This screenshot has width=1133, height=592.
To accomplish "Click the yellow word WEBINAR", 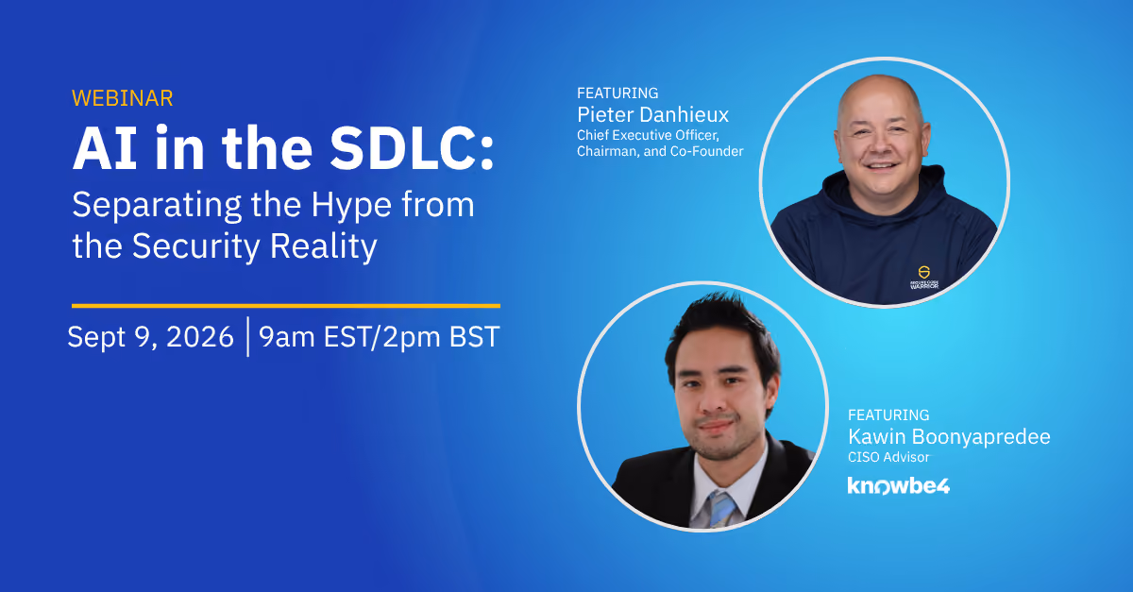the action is [123, 98].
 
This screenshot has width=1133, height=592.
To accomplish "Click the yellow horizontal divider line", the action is [286, 306].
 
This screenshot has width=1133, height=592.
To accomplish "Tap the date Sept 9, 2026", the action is [151, 337].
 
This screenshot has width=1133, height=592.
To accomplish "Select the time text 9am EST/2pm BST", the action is [380, 337].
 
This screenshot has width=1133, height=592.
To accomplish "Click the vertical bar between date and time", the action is [247, 336].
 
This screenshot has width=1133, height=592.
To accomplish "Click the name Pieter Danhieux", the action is [653, 115].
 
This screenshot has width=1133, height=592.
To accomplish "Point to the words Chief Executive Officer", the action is [648, 135].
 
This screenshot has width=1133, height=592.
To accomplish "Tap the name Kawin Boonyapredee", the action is [950, 437].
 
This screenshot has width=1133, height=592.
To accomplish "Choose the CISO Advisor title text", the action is [888, 457].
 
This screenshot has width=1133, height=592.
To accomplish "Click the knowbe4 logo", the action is [899, 485].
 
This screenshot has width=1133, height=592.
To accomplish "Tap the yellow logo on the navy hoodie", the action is [924, 272].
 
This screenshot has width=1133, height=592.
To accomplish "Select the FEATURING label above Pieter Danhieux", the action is [617, 93].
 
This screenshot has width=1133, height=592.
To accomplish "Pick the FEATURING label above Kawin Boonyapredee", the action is [888, 414].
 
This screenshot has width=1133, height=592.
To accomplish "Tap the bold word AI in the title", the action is [105, 148].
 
